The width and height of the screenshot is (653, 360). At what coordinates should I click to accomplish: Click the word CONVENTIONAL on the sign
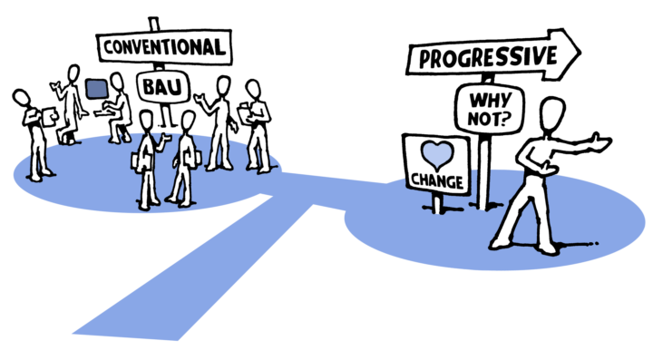tap(164, 47)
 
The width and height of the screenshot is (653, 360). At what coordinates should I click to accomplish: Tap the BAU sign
tap(163, 87)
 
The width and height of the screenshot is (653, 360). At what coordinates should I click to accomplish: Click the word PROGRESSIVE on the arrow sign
tap(488, 57)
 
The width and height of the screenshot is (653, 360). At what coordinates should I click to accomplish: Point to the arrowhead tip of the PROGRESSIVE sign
tap(580, 52)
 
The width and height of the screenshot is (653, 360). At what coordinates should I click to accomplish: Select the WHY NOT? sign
tap(490, 109)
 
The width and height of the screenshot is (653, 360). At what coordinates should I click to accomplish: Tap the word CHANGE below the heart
tap(437, 181)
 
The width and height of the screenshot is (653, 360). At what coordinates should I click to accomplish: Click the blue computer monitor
tap(97, 89)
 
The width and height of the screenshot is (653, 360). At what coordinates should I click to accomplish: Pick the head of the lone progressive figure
tap(552, 113)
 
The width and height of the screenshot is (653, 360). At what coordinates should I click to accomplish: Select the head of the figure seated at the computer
tap(117, 83)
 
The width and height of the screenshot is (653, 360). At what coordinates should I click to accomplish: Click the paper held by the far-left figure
tap(50, 116)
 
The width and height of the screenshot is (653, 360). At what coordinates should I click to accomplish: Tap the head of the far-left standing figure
tap(21, 98)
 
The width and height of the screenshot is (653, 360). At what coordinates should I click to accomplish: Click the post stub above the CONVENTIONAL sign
tap(154, 24)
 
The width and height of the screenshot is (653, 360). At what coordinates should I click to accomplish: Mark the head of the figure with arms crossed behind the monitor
tap(73, 74)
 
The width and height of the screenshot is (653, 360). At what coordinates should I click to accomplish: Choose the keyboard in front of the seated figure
tap(102, 112)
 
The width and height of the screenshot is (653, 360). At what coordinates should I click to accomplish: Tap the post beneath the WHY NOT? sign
tap(483, 171)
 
